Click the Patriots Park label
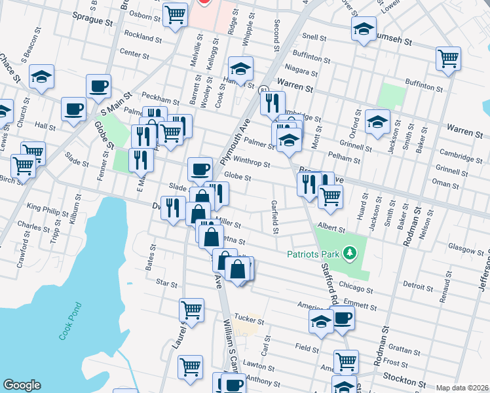tap(313, 253)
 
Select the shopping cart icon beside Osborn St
tap(175, 14)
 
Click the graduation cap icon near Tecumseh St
tap(364, 29)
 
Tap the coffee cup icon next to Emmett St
tap(343, 318)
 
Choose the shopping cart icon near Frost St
tap(345, 360)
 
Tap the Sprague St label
tap(92, 21)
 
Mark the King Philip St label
tap(47, 212)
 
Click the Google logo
tap(22, 385)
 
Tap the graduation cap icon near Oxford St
tap(377, 121)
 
